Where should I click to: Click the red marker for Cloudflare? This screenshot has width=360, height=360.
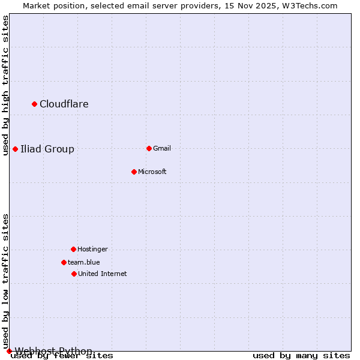pyautogui.click(x=35, y=104)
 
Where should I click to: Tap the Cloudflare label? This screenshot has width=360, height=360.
pyautogui.click(x=64, y=104)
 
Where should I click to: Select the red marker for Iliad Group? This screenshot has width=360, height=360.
pyautogui.click(x=16, y=149)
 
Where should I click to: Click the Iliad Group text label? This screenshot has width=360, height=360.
pyautogui.click(x=47, y=149)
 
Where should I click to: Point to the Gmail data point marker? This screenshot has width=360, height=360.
pyautogui.click(x=149, y=148)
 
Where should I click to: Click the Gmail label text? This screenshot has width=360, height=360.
pyautogui.click(x=162, y=148)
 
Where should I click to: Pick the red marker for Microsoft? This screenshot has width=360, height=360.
pyautogui.click(x=134, y=172)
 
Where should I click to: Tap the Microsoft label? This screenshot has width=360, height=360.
pyautogui.click(x=152, y=172)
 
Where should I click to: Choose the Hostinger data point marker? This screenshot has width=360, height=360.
pyautogui.click(x=73, y=249)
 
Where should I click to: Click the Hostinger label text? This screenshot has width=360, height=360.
pyautogui.click(x=92, y=249)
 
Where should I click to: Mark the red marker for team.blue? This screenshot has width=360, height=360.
pyautogui.click(x=64, y=262)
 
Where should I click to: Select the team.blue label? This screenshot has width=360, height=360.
pyautogui.click(x=83, y=262)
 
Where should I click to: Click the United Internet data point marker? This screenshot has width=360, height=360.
pyautogui.click(x=74, y=274)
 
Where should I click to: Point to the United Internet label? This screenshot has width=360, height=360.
pyautogui.click(x=102, y=274)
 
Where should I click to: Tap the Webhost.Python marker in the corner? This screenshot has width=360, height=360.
pyautogui.click(x=9, y=351)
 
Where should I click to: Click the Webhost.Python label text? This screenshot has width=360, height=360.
pyautogui.click(x=53, y=351)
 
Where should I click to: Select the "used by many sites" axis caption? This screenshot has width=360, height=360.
pyautogui.click(x=301, y=356)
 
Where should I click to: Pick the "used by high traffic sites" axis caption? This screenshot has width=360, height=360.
pyautogui.click(x=6, y=85)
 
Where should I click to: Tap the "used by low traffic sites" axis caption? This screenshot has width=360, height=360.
pyautogui.click(x=6, y=281)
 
